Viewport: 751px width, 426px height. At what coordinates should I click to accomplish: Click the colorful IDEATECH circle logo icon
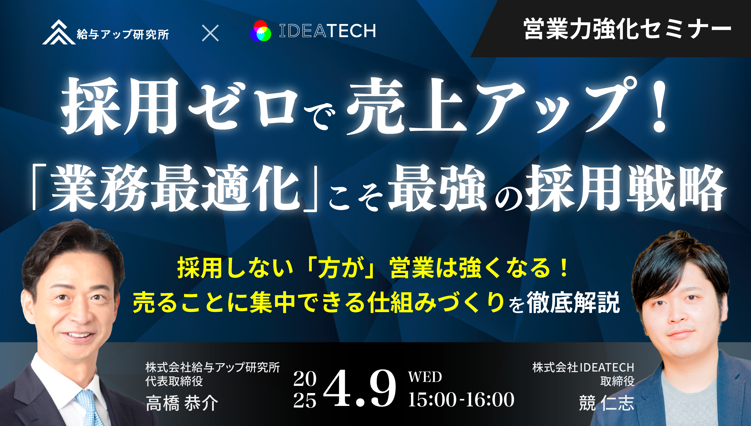261,31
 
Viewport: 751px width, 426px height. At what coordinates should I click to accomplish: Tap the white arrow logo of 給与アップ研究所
59,32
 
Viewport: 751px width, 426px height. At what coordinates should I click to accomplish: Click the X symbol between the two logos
210,33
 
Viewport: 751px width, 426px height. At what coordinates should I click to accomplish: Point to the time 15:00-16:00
461,400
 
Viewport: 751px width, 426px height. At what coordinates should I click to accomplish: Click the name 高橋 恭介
182,403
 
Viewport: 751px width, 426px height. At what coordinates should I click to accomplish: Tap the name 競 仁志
607,403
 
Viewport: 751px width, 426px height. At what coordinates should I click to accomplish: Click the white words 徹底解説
573,303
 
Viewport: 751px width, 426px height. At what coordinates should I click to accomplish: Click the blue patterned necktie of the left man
89,408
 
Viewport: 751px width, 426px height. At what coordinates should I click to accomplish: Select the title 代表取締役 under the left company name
174,381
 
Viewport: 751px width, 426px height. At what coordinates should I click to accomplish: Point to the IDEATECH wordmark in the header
328,31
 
